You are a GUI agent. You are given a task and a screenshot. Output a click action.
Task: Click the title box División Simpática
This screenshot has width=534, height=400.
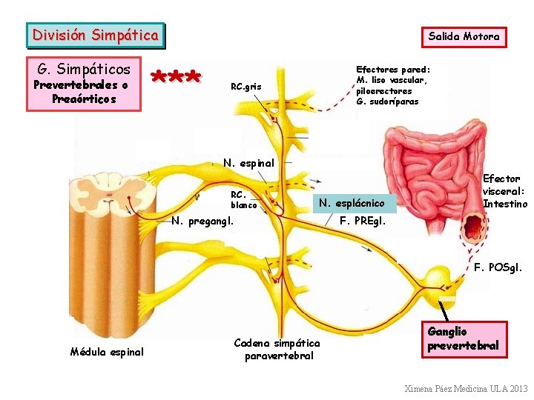(x=96, y=35)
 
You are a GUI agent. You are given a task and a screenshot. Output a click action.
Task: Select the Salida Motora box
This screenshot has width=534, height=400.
(x=464, y=36)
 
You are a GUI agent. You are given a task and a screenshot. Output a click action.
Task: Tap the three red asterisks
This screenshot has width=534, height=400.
(x=176, y=77)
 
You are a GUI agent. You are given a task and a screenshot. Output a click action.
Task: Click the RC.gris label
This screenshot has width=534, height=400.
(x=246, y=87)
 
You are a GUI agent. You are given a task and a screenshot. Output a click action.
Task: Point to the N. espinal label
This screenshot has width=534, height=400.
(x=248, y=163)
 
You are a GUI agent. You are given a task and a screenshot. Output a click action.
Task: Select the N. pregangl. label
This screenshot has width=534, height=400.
(x=202, y=220)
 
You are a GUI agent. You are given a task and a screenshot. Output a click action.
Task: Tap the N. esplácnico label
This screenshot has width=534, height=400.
(x=352, y=203)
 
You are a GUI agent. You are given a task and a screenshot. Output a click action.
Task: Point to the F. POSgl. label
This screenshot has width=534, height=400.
(x=498, y=267)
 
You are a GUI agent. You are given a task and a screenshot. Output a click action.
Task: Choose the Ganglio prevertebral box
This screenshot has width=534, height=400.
(x=464, y=338)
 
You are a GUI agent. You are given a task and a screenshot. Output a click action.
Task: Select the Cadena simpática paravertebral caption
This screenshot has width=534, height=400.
(x=277, y=349)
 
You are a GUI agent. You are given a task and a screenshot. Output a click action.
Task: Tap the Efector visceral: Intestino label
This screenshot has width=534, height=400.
(x=505, y=191)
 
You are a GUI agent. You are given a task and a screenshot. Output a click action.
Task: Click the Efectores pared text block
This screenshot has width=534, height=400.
(x=392, y=84)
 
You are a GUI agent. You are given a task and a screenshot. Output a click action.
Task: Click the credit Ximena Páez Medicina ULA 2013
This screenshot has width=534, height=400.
(x=466, y=388)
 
